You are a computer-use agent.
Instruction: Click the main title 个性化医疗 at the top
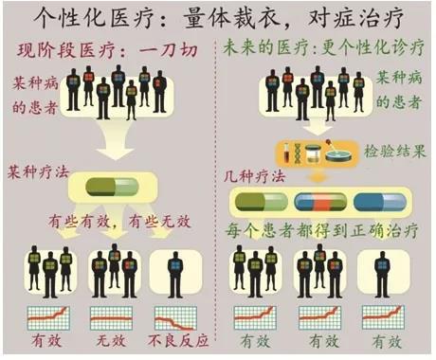97,17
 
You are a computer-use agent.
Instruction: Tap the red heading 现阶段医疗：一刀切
108,50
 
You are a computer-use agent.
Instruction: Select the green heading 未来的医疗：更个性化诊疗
323,48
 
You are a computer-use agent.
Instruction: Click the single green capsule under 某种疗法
112,187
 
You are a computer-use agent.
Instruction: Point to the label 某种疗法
38,172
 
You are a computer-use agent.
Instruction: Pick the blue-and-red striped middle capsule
320,202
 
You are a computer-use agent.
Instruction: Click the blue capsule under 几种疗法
380,202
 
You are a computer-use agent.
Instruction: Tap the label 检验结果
395,151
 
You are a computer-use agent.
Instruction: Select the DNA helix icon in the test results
298,153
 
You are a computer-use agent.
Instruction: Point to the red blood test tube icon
287,153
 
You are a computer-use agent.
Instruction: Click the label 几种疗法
254,176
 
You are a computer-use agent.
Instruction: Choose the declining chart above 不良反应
175,318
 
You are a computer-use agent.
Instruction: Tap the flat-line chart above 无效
111,318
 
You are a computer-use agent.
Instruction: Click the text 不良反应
178,341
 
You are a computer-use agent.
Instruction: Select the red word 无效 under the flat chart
111,341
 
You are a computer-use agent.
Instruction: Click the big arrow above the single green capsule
115,139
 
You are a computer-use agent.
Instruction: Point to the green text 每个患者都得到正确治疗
321,231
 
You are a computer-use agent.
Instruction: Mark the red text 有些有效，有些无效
119,222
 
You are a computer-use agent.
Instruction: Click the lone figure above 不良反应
175,274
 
